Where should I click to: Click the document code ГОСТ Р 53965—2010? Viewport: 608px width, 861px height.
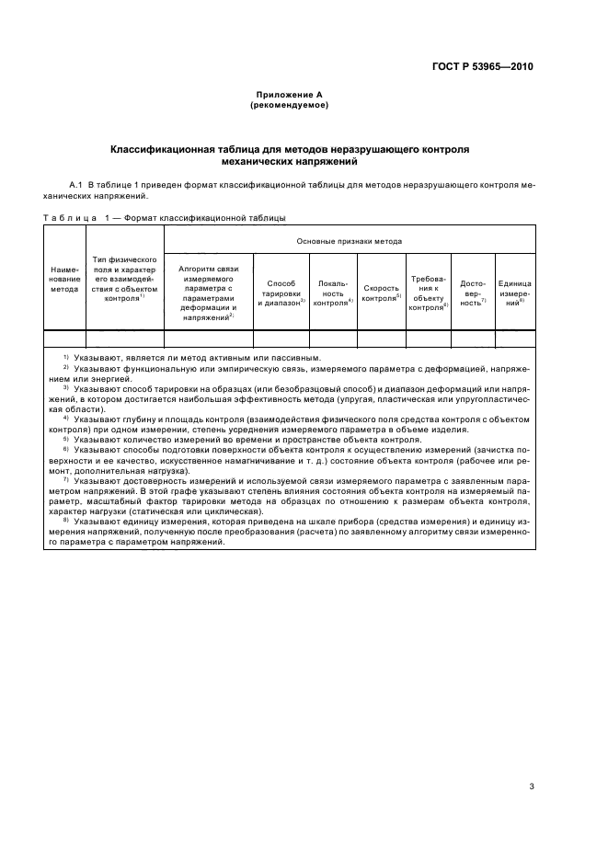tap(485, 67)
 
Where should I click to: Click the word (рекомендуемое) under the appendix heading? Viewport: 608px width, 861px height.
tap(289, 105)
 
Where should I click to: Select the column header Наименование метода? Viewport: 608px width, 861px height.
tap(64, 281)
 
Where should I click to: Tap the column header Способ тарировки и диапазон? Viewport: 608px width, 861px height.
tap(281, 293)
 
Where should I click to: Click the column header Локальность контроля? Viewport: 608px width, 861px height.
tap(333, 293)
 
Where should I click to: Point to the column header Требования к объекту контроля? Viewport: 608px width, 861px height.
tap(428, 293)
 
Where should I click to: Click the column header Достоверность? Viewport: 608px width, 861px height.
tap(472, 293)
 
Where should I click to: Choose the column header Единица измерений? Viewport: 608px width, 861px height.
tap(514, 293)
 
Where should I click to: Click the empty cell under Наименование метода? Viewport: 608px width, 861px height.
tap(64, 338)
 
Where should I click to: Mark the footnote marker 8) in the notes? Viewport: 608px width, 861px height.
tap(66, 522)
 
